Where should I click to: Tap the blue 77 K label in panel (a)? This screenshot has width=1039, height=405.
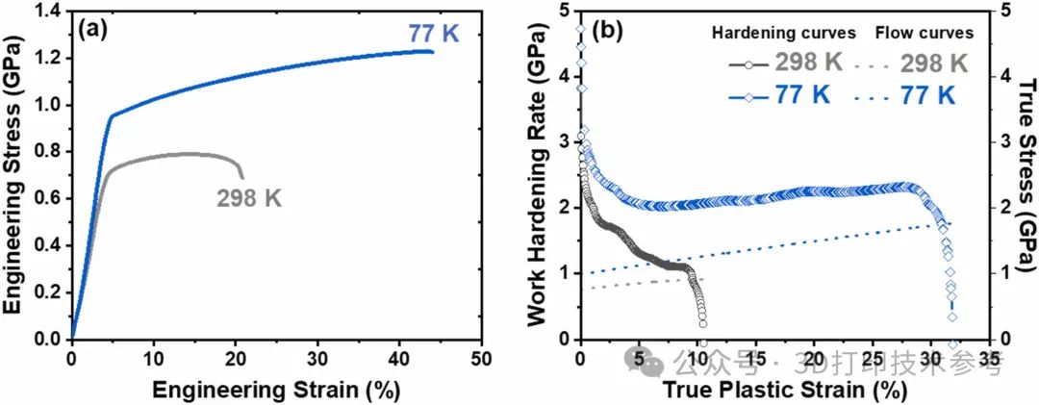click(434, 36)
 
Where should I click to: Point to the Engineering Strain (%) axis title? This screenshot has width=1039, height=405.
click(275, 389)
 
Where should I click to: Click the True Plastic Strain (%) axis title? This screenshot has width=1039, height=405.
click(786, 389)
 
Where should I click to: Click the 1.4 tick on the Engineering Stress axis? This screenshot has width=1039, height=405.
click(46, 11)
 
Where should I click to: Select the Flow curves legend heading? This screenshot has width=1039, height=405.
click(925, 33)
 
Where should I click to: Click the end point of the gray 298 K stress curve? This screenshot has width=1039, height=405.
click(242, 178)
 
